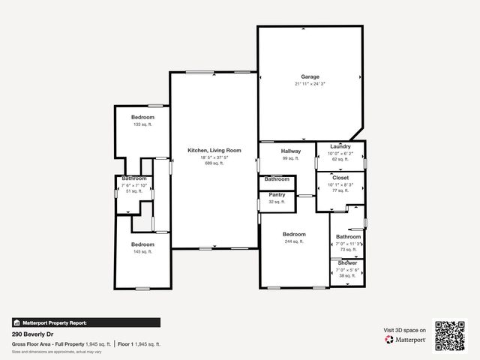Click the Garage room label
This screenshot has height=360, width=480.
pos(310,76)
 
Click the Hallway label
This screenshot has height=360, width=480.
pos(291,151)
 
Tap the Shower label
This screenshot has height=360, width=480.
pos(347,263)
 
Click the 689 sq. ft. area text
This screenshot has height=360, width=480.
pos(214,163)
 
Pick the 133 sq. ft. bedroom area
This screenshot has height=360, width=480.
pos(142,124)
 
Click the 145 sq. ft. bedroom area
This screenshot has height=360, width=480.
pos(142,251)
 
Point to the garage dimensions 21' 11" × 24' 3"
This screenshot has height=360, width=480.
pos(310,84)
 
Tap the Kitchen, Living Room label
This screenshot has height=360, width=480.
pos(214,151)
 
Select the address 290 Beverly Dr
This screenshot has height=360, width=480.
pos(32,334)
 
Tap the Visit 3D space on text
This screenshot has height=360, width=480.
pos(405,330)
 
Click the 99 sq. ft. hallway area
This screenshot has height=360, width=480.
pos(291,158)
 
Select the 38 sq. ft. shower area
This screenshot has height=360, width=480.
pos(347,275)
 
